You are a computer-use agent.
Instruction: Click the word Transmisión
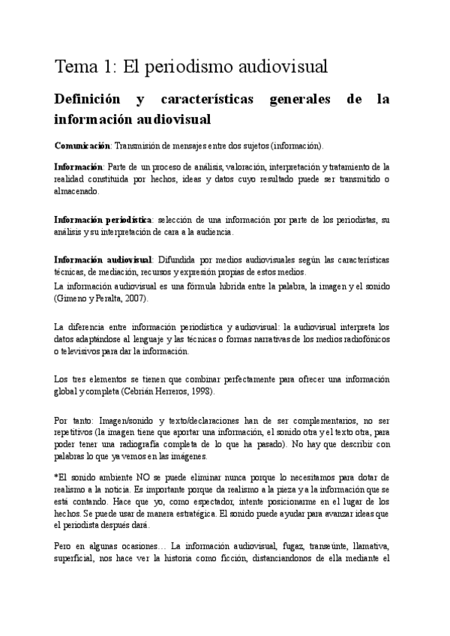pos(139,144)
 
